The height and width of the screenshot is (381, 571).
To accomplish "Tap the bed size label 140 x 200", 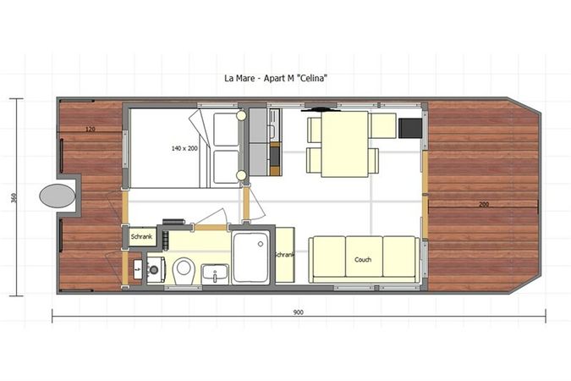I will (x=183, y=148).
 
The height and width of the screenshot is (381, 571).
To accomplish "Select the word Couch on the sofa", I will (x=363, y=260).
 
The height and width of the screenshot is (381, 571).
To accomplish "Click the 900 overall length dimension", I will (x=298, y=312).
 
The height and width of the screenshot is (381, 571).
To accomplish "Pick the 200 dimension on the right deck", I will (x=482, y=205).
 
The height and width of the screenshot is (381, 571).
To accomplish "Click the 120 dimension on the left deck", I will (x=89, y=130).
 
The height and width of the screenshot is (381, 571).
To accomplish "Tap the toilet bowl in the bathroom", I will (x=184, y=270).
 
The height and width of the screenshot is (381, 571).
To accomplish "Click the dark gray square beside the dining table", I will (x=409, y=127).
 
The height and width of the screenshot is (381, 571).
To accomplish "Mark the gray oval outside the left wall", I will (x=57, y=196).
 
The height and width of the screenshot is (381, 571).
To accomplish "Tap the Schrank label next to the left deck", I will (x=141, y=238).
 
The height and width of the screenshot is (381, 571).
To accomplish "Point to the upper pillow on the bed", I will (x=227, y=130).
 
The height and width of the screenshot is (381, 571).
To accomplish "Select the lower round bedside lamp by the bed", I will (x=241, y=175).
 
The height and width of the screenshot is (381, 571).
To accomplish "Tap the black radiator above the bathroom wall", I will (x=175, y=223).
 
